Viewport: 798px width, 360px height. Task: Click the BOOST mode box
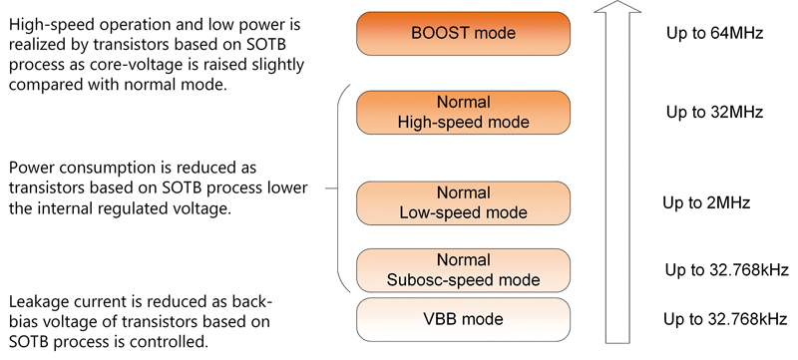point(463,34)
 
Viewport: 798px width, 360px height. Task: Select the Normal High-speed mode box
point(463,113)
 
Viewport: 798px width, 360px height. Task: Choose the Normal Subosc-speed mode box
point(463,269)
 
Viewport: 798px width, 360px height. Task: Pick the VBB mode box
point(463,319)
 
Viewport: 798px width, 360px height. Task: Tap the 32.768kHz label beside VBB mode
point(727,320)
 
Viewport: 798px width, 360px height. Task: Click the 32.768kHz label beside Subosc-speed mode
point(727,270)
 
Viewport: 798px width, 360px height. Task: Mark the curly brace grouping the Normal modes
point(339,189)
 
